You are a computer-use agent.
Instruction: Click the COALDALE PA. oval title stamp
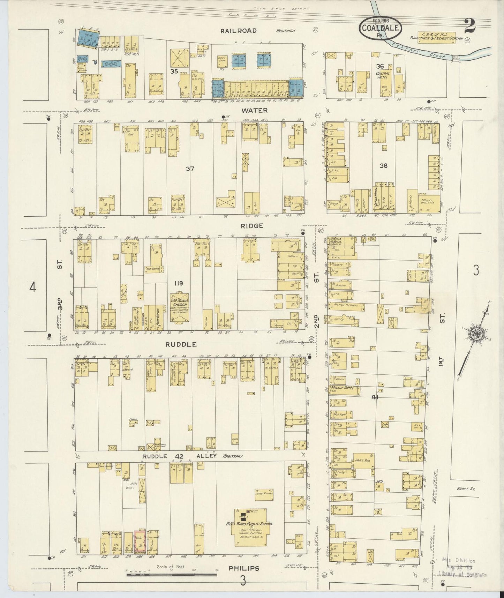tap(381, 28)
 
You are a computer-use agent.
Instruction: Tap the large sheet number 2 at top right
tap(470, 25)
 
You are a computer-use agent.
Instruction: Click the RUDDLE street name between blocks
tap(181, 344)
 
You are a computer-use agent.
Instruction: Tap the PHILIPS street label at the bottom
tap(244, 568)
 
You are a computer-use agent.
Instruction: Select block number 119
tap(179, 283)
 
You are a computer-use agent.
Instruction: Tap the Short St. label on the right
tap(466, 489)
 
